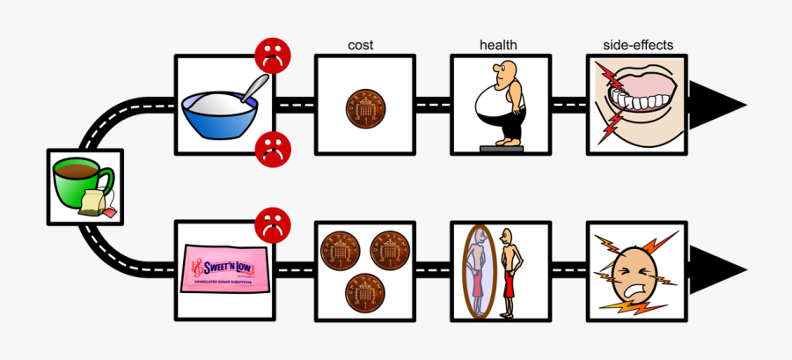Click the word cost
click(363, 45)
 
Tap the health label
click(498, 45)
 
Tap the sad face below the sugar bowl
click(272, 149)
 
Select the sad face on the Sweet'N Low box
click(272, 225)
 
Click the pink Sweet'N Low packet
click(224, 268)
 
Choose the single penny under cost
click(363, 106)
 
